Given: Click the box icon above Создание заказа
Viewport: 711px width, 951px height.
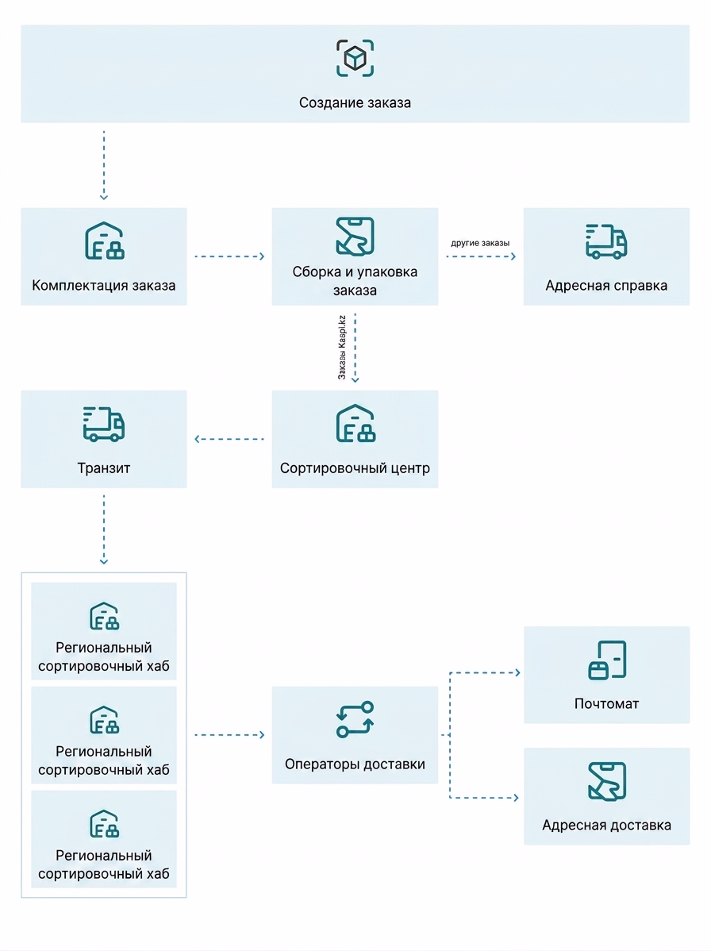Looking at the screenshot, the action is tap(355, 58).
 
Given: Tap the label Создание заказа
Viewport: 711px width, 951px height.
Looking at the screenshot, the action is tap(355, 103).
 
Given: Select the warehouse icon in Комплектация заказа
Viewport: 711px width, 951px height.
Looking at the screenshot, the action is tap(104, 241).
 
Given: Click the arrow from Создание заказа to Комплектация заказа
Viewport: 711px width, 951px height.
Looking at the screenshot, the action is tap(104, 165).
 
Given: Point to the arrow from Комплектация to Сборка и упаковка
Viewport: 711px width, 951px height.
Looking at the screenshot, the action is tap(230, 256).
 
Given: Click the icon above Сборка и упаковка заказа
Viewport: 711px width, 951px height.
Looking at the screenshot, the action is tap(355, 236).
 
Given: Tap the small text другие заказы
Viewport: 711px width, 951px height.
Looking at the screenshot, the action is tap(480, 243).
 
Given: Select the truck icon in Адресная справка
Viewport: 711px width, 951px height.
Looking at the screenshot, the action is tap(606, 241).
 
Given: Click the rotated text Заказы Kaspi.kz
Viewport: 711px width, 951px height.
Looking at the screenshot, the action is tap(342, 348).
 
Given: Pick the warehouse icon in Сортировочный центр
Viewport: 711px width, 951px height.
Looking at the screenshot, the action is tap(355, 423).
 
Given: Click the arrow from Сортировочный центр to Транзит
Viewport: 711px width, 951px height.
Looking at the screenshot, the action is tap(229, 439).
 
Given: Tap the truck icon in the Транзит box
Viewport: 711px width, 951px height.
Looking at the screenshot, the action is tap(104, 423).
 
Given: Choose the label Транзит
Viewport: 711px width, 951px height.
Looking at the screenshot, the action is tap(104, 468).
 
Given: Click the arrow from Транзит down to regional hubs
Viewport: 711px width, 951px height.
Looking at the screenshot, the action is tap(104, 529).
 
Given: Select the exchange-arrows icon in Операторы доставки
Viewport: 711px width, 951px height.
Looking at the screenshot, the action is tap(355, 719).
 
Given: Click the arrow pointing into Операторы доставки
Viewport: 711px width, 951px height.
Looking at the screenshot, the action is tap(230, 735).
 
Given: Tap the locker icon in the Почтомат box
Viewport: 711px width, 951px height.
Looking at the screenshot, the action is tap(607, 660).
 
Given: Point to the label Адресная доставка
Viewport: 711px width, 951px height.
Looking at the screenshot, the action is tap(607, 826).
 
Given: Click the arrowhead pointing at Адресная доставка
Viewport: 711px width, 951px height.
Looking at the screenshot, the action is tap(517, 798).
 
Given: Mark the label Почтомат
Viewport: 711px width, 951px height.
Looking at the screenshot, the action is tap(607, 704).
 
